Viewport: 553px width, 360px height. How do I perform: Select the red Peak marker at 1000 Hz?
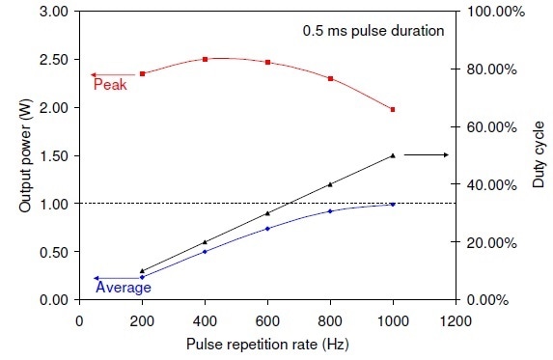(393, 110)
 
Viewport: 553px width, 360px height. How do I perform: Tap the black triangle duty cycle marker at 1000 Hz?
(393, 155)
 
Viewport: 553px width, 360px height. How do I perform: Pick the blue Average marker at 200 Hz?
(143, 277)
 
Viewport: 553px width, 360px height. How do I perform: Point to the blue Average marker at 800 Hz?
(330, 211)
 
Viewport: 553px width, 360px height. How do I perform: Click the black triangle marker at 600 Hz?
(267, 213)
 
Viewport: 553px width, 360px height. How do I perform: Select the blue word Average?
(123, 287)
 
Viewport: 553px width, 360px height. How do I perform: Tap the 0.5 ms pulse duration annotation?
(373, 30)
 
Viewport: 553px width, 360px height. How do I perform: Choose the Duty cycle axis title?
(538, 155)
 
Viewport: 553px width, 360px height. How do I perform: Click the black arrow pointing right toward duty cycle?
(425, 154)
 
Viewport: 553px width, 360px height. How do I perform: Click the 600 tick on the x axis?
(267, 319)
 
